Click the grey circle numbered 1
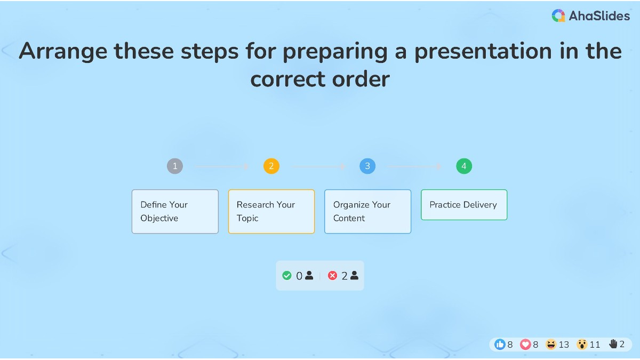[175, 166]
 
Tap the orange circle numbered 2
[271, 166]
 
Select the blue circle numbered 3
[367, 166]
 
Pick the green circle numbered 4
[464, 166]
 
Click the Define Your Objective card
[175, 211]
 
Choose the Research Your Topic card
[271, 211]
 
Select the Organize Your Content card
[367, 211]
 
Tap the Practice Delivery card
[464, 205]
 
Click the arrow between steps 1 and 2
[223, 166]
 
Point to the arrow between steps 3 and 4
[415, 166]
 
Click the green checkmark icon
[287, 276]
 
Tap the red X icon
[333, 276]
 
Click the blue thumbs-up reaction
[500, 345]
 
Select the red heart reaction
[525, 345]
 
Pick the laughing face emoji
[551, 345]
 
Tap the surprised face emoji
[582, 345]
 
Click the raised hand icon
[613, 345]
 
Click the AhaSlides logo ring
[558, 16]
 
